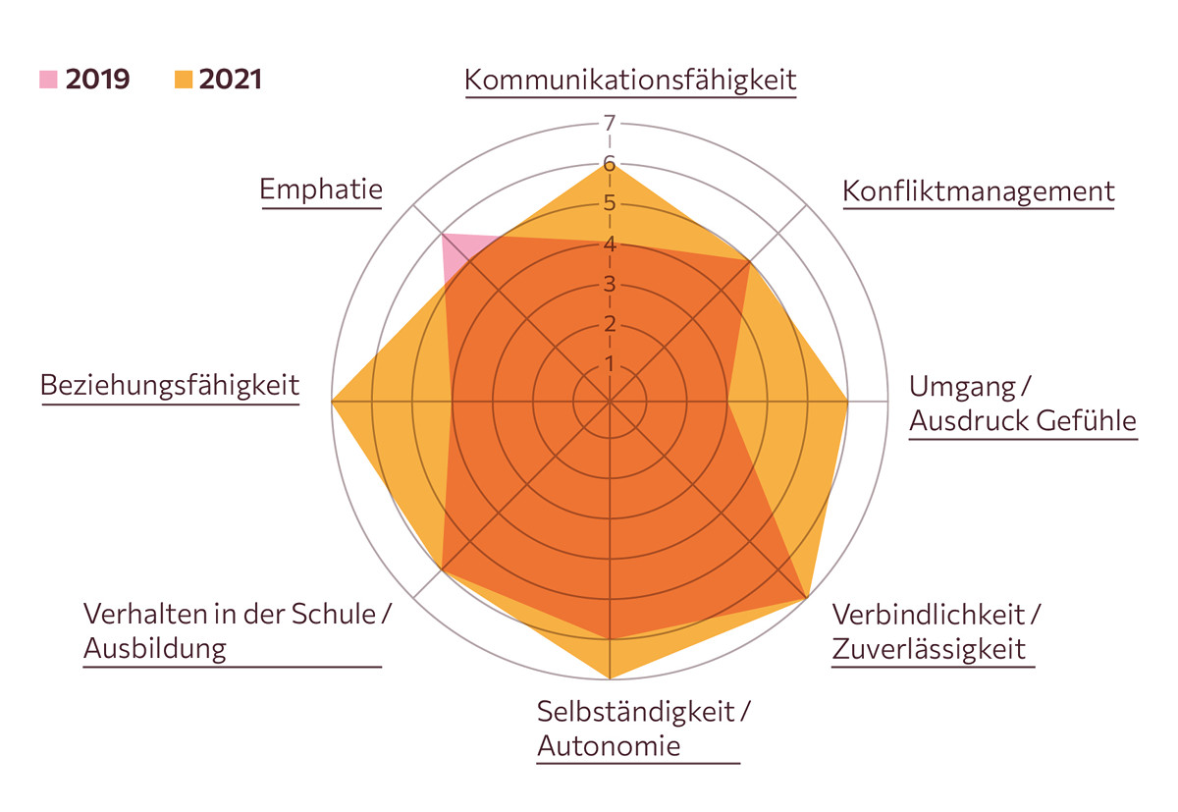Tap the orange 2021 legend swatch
coord(183,80)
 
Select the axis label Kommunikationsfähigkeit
coord(630,80)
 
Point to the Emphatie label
coord(321,189)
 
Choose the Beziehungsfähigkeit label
coord(170,385)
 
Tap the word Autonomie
coord(609,745)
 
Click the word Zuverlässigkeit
coord(929,648)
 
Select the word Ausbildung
coord(155,648)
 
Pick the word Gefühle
coord(1084,421)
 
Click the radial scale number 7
coord(610,124)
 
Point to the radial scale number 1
coord(610,364)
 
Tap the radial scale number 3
coord(610,285)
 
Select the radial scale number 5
coord(610,204)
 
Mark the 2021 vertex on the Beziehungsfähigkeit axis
coord(333,402)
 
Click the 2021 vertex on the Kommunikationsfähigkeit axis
coord(610,164)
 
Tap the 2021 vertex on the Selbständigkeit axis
coord(610,678)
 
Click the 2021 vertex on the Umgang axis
coord(847,402)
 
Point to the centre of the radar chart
coord(610,402)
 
